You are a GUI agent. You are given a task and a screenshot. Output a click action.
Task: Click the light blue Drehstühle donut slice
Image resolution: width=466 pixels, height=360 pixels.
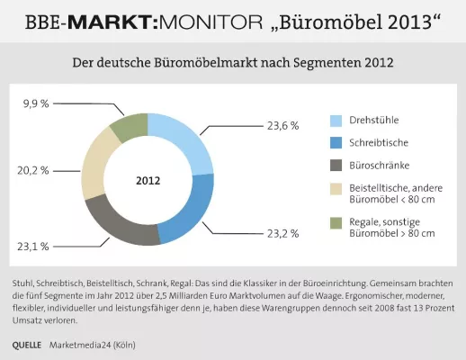(184, 140)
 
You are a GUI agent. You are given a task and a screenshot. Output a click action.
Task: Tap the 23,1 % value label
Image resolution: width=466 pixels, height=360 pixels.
(33, 245)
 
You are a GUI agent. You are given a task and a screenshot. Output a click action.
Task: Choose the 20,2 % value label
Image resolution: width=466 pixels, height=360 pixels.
(33, 169)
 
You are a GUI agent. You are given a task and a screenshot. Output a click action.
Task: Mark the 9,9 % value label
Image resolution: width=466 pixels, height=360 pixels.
(37, 104)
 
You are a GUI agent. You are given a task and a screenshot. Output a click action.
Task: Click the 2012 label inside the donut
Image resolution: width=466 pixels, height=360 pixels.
(148, 180)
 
